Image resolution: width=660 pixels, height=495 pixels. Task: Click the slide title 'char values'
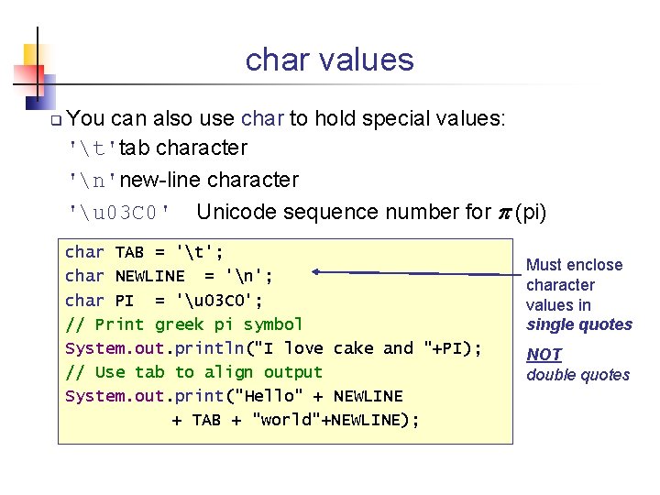(x=329, y=60)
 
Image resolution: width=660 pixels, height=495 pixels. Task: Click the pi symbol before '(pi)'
(x=503, y=213)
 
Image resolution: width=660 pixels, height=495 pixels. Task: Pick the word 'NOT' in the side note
(x=544, y=355)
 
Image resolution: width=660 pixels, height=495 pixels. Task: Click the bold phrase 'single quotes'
(x=579, y=324)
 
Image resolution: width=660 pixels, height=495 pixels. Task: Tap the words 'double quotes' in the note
(x=577, y=375)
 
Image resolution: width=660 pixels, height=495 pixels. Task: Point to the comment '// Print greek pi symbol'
(x=183, y=324)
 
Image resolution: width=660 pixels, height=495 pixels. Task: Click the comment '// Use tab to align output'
(x=193, y=372)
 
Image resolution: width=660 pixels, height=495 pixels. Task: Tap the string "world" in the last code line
(x=289, y=420)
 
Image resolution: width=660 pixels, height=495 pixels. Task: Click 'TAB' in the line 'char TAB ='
(x=129, y=252)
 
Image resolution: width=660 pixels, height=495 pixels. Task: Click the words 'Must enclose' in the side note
(x=574, y=265)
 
